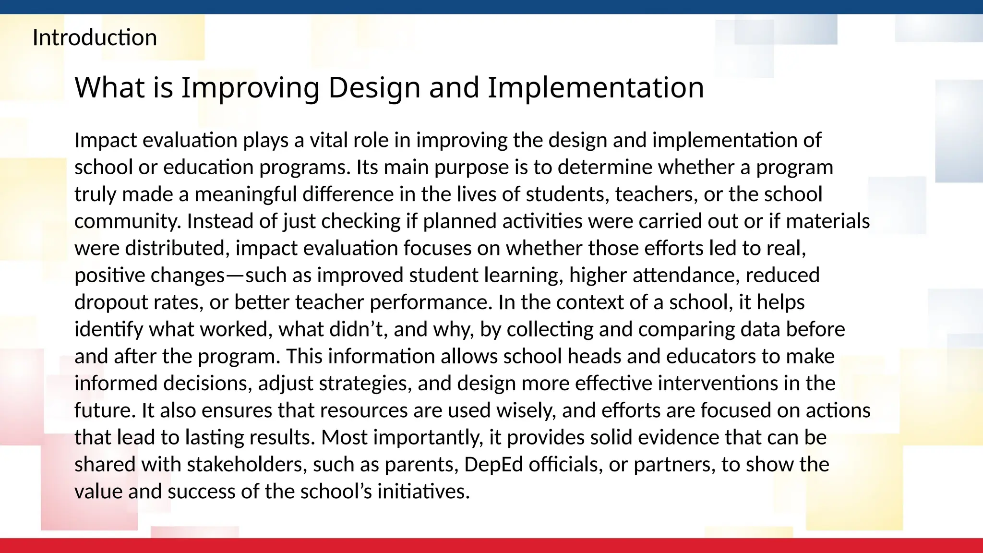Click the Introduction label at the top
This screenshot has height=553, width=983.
pyautogui.click(x=95, y=37)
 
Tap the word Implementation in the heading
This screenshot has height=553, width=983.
pyautogui.click(x=596, y=87)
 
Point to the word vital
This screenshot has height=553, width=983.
pyautogui.click(x=328, y=140)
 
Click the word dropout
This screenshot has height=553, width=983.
pyautogui.click(x=111, y=302)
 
